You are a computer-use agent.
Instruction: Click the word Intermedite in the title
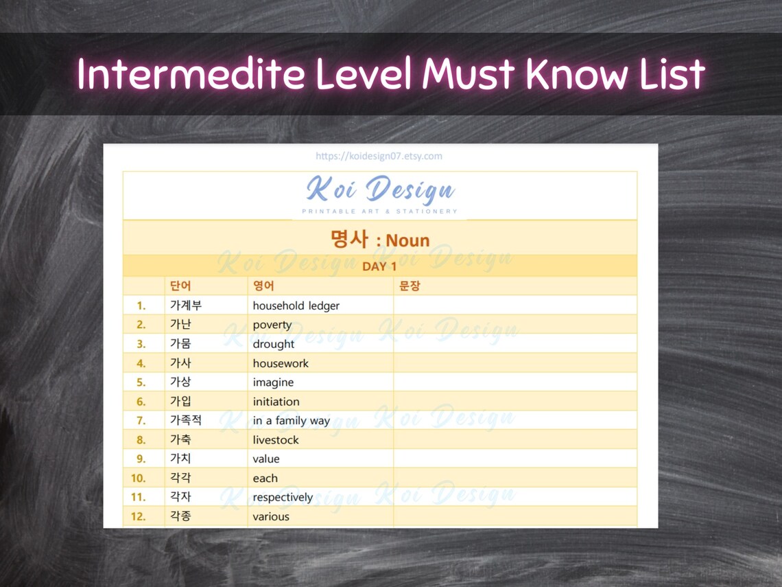190,74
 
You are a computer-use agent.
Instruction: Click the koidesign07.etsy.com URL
379,156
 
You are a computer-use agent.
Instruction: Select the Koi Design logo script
380,189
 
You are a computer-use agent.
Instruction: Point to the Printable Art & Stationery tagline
379,211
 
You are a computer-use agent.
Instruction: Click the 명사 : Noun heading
379,240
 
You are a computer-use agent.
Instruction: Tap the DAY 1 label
379,266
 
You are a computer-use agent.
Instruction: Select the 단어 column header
180,286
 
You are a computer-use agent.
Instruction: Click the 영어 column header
263,286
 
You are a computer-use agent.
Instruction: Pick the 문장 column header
410,286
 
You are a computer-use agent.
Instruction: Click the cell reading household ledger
296,306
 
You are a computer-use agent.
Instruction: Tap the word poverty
272,325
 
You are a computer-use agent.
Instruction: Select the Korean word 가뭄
180,344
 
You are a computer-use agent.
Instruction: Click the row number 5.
141,382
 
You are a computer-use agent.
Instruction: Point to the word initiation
276,402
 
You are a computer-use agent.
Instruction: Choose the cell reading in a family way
291,421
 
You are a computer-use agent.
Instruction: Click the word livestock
276,440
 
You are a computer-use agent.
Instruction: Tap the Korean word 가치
180,459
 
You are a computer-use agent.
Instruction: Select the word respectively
283,497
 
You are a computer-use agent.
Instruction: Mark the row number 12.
138,516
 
